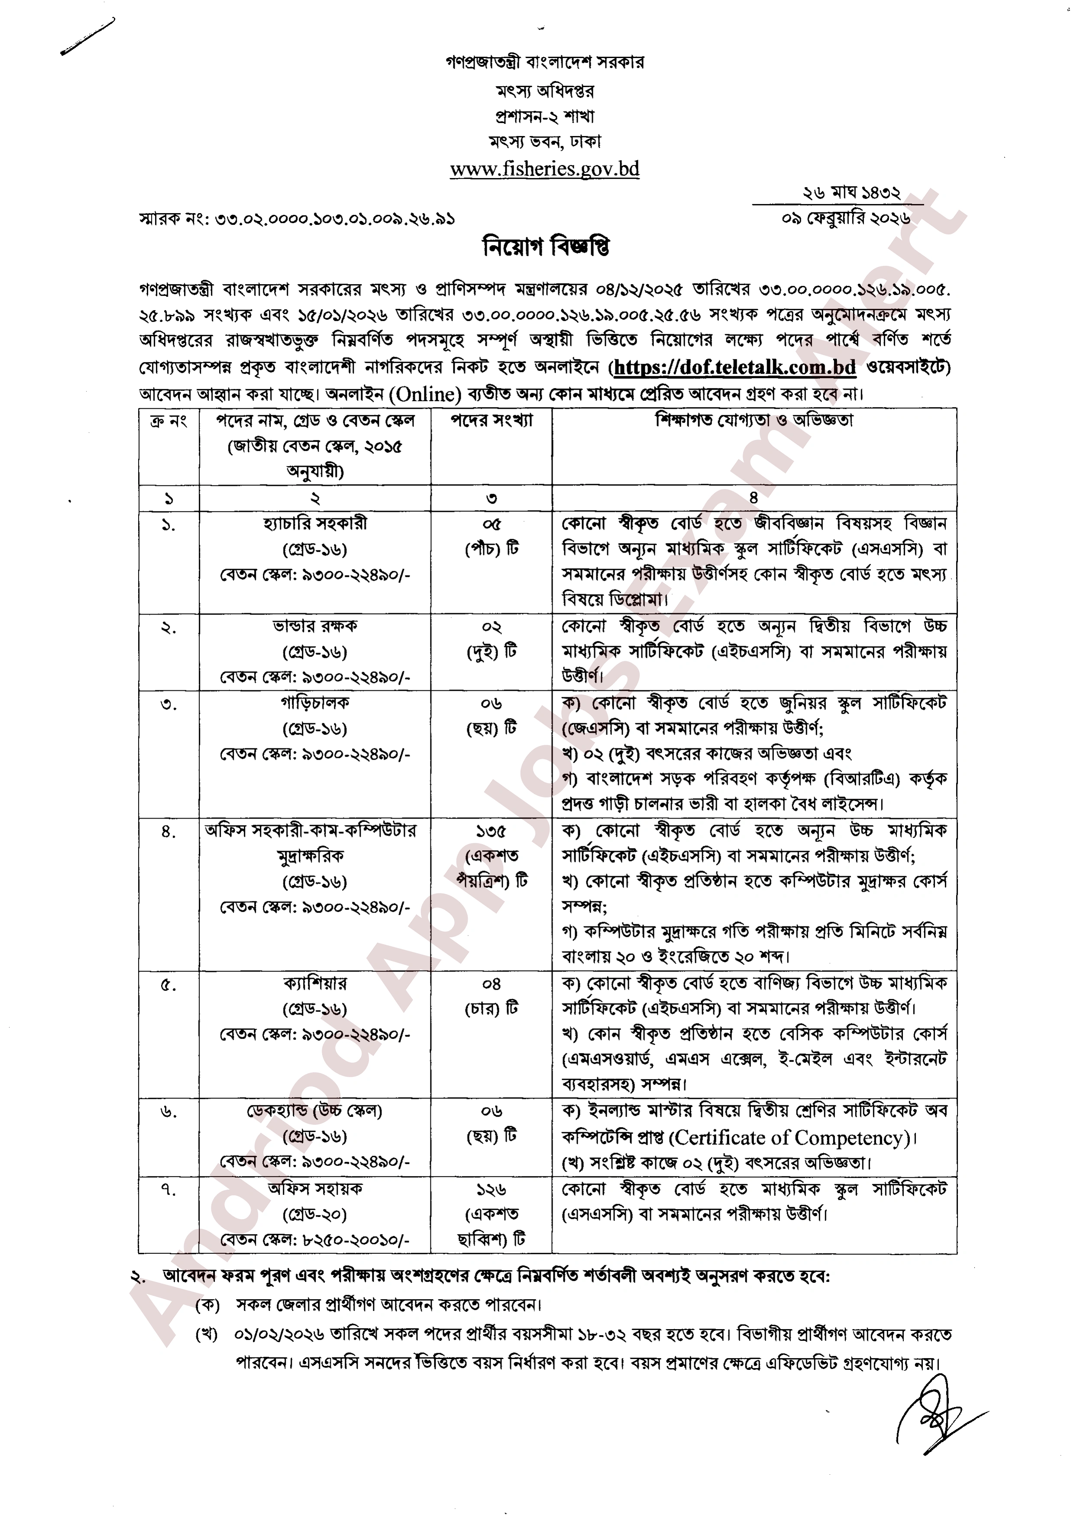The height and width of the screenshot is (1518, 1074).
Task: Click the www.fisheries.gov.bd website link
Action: coord(544,169)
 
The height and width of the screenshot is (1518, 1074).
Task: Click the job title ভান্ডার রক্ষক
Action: coord(315,626)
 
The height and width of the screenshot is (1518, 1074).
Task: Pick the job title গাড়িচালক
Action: coord(315,702)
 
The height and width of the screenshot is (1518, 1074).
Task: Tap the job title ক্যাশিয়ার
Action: coord(315,984)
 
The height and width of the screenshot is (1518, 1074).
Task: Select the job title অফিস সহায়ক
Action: coord(315,1188)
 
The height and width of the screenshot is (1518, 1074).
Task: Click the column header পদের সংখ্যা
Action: coord(492,421)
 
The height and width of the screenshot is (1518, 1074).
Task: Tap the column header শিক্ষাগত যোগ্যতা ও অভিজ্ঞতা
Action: coord(754,421)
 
